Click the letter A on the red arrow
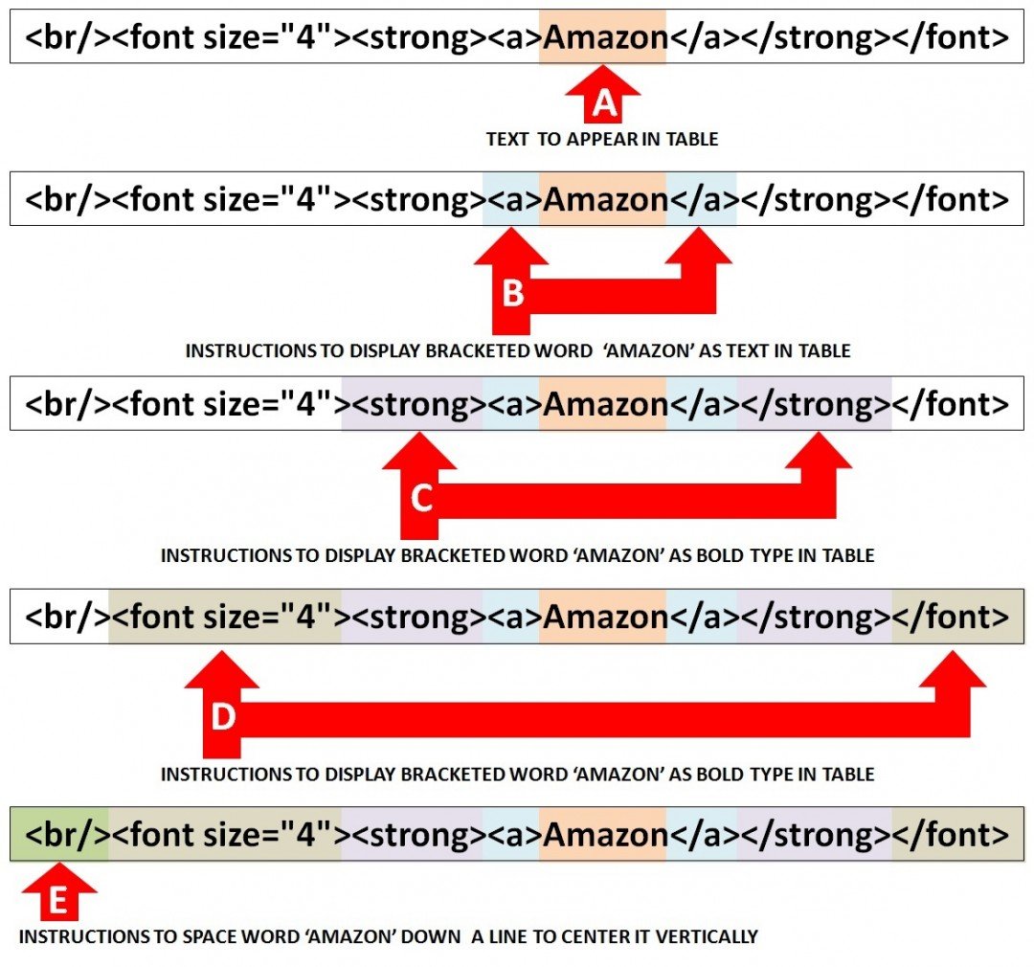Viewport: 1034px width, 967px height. click(x=604, y=103)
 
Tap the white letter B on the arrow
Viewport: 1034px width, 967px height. click(x=512, y=294)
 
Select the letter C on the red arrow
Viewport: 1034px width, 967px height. click(x=421, y=498)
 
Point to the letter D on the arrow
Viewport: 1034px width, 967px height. click(x=223, y=716)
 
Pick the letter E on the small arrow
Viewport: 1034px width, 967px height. click(x=57, y=900)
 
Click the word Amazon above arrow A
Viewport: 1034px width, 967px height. click(x=604, y=37)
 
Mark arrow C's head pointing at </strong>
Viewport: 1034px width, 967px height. click(x=818, y=455)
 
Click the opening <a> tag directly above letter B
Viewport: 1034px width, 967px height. click(x=511, y=200)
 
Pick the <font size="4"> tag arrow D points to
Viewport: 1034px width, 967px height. click(x=227, y=618)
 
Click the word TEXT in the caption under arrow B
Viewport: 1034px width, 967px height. click(x=729, y=351)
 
